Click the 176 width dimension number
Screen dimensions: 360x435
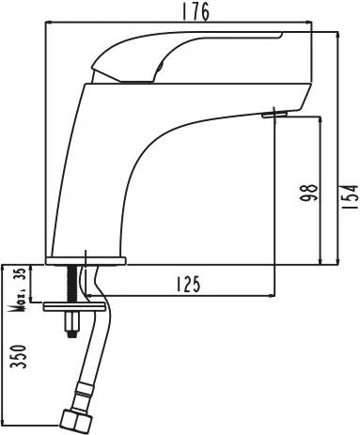[196, 12]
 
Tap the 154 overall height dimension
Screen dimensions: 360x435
[351, 197]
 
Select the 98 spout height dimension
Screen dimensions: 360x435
[308, 193]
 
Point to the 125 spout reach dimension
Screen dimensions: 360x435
[188, 285]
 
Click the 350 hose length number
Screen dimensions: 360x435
[18, 356]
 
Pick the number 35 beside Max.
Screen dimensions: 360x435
[21, 274]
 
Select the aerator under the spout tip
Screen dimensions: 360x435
[274, 115]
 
